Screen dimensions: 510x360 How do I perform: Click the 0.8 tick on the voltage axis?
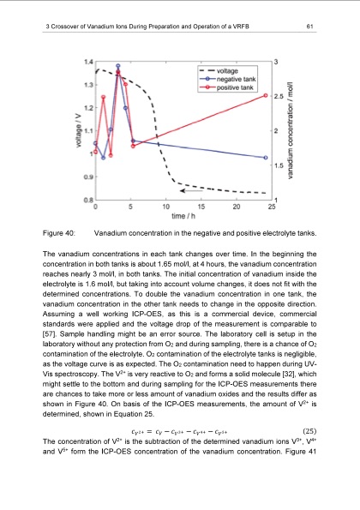pyautogui.click(x=89, y=199)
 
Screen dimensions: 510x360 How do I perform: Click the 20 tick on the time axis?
pyautogui.click(x=236, y=207)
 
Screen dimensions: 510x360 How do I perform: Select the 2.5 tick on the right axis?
pyautogui.click(x=278, y=97)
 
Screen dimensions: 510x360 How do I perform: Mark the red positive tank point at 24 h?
pyautogui.click(x=266, y=95)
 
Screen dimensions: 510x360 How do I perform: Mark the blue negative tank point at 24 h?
pyautogui.click(x=266, y=159)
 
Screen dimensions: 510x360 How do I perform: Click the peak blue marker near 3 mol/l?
pyautogui.click(x=118, y=66)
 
